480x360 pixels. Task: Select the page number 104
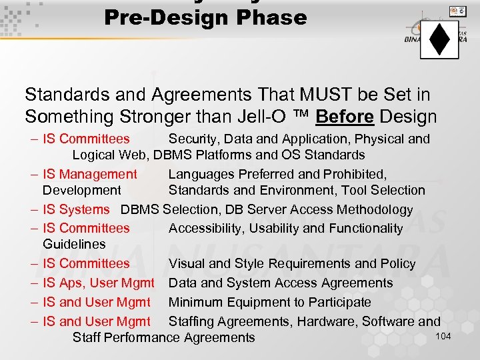[x=443, y=336]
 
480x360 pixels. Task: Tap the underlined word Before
[x=344, y=117]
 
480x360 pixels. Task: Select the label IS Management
[x=90, y=175]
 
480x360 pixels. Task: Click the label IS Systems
[x=76, y=210]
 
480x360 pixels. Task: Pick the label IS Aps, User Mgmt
[x=99, y=283]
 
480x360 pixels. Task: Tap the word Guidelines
[x=74, y=245]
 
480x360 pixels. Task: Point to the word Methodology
[x=375, y=210]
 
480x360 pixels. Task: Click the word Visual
[x=187, y=264]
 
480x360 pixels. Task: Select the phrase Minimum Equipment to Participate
[x=269, y=303]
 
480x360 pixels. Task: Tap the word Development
[x=82, y=191]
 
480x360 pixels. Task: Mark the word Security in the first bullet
[x=193, y=139]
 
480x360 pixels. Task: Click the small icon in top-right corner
[x=457, y=11]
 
